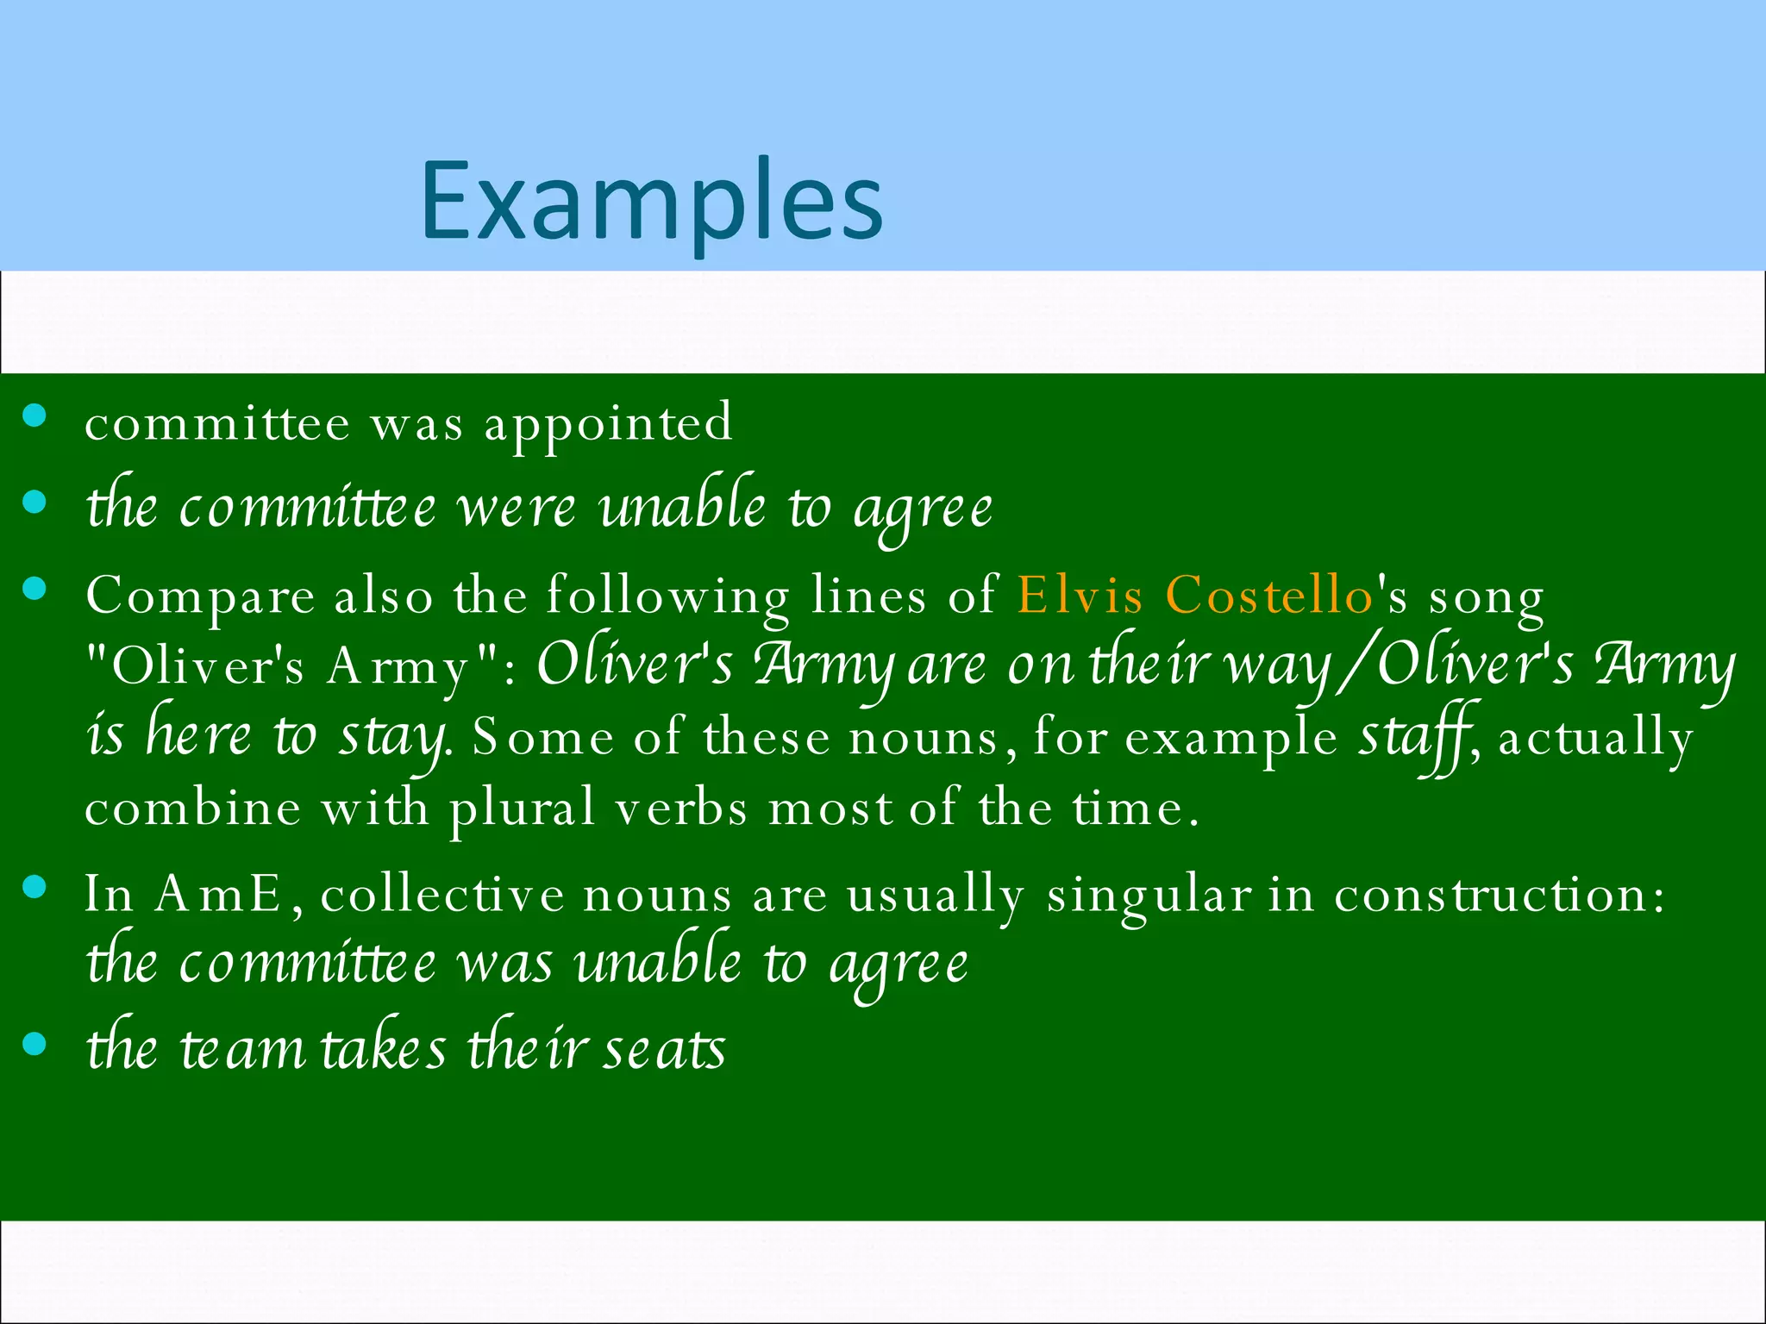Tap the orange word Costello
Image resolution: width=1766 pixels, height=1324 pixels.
1269,595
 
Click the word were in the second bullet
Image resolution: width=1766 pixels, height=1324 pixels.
516,509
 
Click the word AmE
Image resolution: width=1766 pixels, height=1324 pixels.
219,895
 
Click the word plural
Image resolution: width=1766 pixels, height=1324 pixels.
522,810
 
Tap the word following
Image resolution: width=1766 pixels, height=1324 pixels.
668,596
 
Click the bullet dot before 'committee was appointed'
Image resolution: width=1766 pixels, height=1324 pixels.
34,418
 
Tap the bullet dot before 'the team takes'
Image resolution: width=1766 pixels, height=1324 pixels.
34,1045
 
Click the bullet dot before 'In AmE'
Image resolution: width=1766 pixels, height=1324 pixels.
34,888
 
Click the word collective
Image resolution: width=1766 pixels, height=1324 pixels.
442,894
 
